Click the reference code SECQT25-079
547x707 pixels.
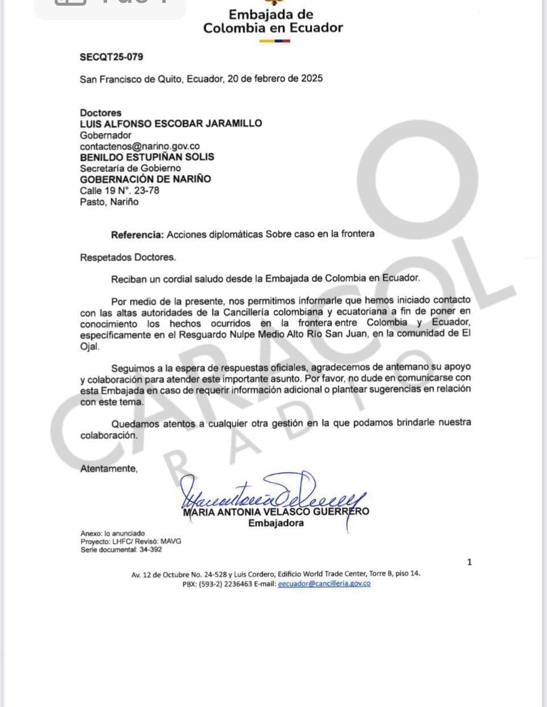point(112,57)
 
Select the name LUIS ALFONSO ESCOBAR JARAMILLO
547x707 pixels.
point(171,123)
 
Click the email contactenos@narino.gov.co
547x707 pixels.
point(140,146)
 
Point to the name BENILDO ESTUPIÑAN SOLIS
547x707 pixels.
point(147,157)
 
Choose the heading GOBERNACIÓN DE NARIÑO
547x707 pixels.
point(145,179)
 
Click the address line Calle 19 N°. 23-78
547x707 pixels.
point(120,191)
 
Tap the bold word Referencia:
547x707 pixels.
point(137,234)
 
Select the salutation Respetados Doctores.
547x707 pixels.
point(128,257)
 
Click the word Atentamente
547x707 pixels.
point(109,468)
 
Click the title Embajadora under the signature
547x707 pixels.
point(276,523)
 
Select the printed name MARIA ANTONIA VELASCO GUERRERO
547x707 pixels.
point(276,512)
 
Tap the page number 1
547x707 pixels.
point(470,562)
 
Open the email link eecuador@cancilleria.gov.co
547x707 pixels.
point(324,584)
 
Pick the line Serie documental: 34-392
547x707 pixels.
point(121,550)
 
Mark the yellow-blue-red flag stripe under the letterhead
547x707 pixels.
point(275,41)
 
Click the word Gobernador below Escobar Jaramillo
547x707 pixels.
point(105,135)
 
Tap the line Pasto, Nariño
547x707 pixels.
point(109,202)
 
